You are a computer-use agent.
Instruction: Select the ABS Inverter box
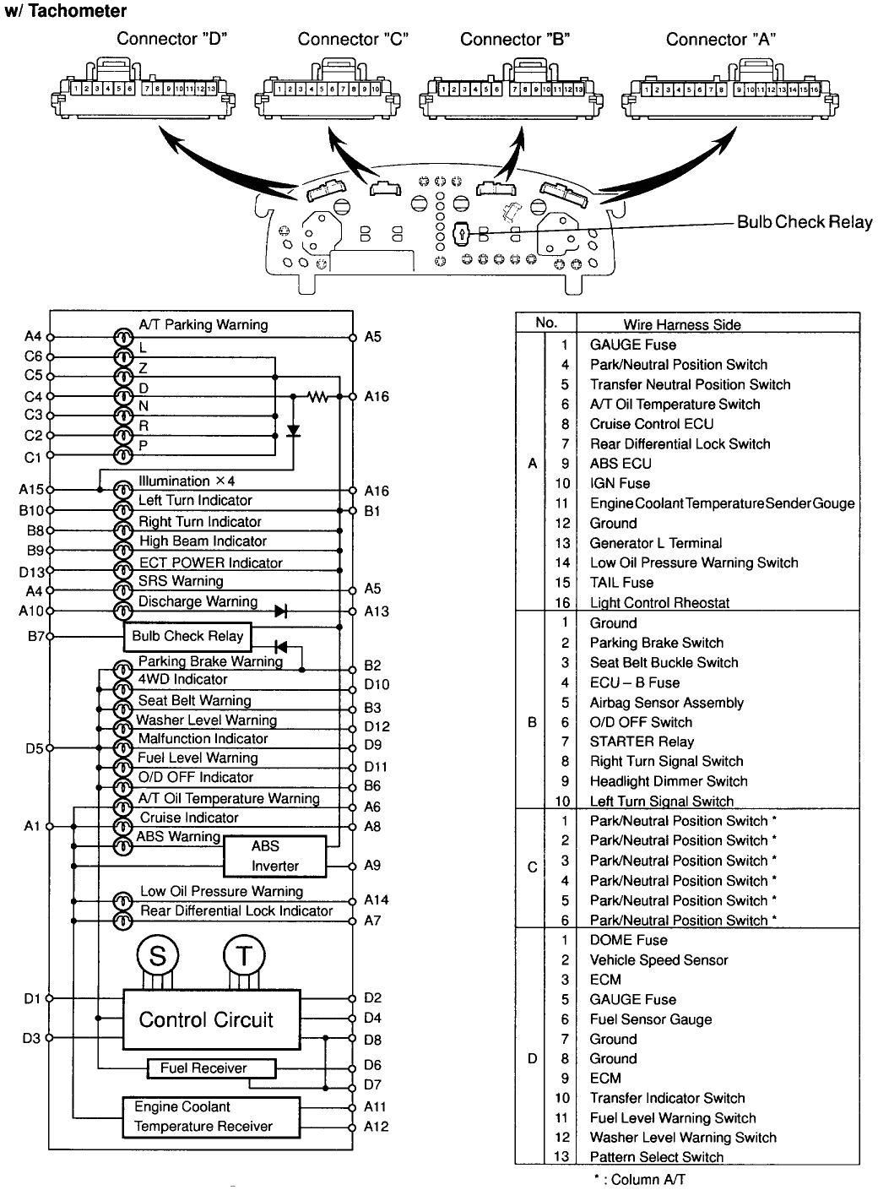coord(274,856)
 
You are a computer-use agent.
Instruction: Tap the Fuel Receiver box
coord(211,1068)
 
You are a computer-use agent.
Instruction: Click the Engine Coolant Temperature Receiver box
coord(216,1117)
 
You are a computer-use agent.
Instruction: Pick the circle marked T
coord(244,955)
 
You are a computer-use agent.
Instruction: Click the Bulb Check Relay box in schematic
coord(187,637)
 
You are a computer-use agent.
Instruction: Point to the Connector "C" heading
coord(352,39)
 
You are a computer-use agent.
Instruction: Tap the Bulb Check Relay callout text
coord(804,222)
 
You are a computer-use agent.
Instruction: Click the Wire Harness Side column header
coord(682,324)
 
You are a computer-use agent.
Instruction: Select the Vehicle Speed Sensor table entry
coord(658,960)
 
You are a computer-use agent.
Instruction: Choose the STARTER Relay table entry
coord(642,742)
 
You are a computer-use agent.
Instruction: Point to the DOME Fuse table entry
coord(628,940)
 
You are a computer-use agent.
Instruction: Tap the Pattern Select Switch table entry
coord(657,1157)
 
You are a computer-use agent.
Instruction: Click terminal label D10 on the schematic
coord(377,685)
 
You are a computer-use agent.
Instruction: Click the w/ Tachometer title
coord(66,11)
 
